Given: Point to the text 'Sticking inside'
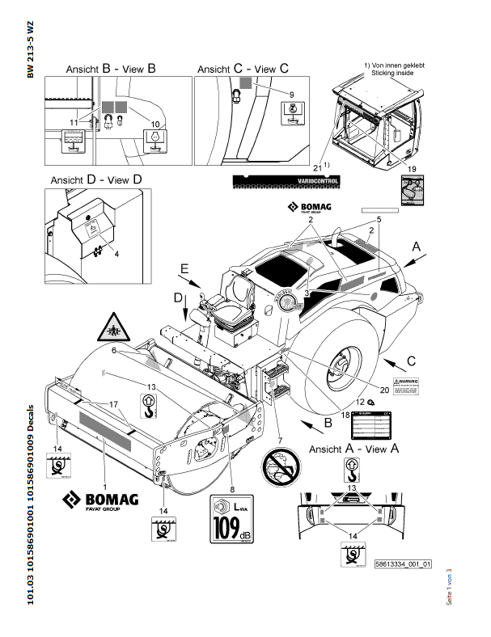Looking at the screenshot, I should (x=392, y=72).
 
